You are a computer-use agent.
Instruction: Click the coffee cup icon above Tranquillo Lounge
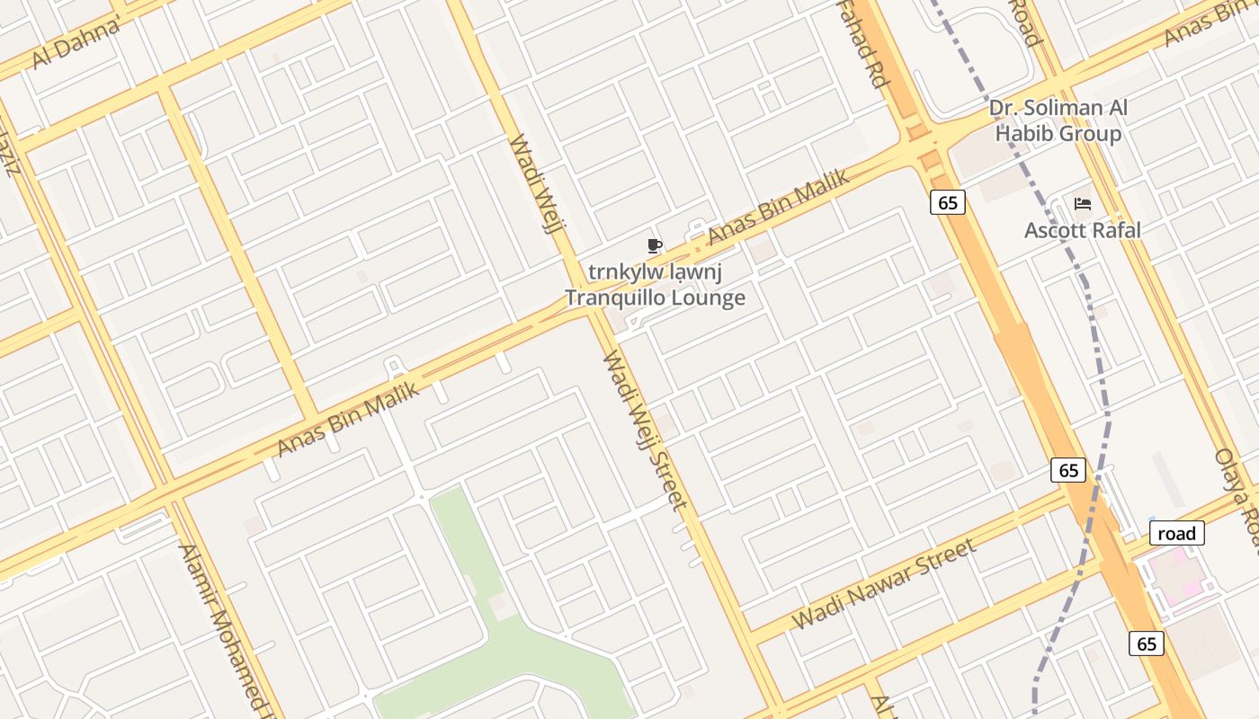pos(655,245)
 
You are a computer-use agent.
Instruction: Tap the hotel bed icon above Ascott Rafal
pos(1083,204)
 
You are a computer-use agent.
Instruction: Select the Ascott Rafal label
pos(1083,230)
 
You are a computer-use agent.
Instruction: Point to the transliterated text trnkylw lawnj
pos(656,271)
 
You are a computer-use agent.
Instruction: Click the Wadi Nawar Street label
pos(883,584)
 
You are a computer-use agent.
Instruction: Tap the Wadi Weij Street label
pos(644,431)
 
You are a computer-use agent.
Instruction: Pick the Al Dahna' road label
pos(77,42)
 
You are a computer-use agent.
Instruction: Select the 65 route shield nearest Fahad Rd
pos(948,203)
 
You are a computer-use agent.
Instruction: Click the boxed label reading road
pos(1176,533)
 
